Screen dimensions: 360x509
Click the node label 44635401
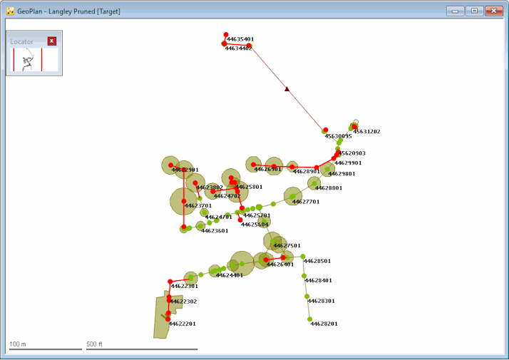pos(240,39)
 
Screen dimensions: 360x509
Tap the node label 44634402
pos(239,48)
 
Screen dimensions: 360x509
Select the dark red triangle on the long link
pos(287,89)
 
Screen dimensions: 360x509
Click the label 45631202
pos(367,132)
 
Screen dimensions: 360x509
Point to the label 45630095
pos(338,136)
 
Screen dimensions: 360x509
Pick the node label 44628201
pos(324,324)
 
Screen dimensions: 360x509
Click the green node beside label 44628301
pos(307,297)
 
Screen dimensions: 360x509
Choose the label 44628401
pos(319,281)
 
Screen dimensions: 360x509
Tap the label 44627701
pos(306,202)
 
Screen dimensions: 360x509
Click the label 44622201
pos(182,324)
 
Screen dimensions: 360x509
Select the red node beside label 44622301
pos(170,282)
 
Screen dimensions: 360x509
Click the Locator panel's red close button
pos(51,41)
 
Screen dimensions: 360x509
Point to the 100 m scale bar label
pos(18,344)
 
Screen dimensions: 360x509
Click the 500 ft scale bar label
pos(96,344)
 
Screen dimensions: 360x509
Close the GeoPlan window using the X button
pos(493,11)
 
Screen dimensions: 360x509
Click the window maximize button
pos(473,11)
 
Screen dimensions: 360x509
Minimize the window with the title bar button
pos(456,11)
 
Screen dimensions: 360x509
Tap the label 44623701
pos(198,206)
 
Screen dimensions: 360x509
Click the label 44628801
pos(329,188)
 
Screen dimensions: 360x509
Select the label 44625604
pos(255,225)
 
